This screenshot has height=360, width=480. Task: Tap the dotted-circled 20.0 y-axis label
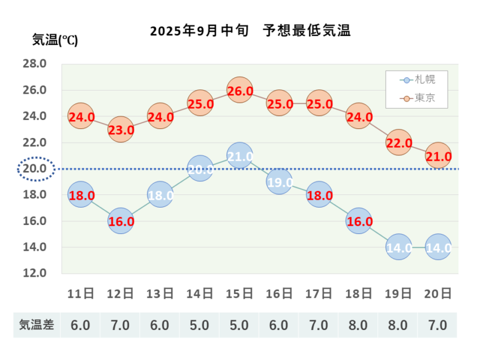(35, 169)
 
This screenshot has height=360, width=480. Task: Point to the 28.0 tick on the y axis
(35, 64)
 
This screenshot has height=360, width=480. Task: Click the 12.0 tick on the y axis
(35, 273)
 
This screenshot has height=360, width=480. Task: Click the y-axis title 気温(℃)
(55, 41)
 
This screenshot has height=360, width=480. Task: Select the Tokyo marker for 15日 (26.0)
(239, 91)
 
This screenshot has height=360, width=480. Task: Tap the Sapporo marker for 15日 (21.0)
(239, 156)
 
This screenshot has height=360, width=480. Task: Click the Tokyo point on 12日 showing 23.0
(121, 130)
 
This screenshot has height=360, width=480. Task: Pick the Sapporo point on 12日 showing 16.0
(121, 221)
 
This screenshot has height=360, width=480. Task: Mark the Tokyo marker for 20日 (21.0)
(438, 156)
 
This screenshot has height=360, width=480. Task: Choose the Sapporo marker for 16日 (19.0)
(279, 182)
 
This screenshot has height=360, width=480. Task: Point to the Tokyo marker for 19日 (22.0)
(398, 143)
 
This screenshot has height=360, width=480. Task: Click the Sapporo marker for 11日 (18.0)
(81, 195)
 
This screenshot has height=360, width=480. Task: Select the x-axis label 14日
(200, 293)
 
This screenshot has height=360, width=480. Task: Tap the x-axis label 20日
(438, 293)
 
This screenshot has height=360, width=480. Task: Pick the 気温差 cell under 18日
(358, 325)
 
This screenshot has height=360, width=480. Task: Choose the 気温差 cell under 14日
(200, 325)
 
